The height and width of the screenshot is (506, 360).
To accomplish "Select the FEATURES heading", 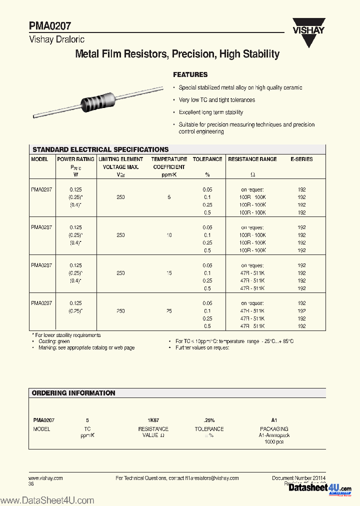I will tap(190, 74).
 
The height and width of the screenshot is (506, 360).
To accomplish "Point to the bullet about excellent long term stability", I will tap(211, 112).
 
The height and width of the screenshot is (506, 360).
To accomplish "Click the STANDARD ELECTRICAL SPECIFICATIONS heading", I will tap(100, 149).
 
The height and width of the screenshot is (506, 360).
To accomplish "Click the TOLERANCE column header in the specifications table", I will tap(207, 159).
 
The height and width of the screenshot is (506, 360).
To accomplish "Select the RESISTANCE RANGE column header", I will tap(252, 159).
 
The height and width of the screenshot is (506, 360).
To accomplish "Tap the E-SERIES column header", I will tap(301, 159).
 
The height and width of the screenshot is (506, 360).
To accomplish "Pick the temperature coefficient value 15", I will tap(169, 273).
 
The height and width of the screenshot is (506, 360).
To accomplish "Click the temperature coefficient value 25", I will tap(169, 311).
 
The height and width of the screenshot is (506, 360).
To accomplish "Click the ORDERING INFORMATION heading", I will tap(73, 393).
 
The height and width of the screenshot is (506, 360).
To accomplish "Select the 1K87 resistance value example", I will tap(153, 420).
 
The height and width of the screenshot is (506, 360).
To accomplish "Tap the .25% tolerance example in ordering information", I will tap(209, 420).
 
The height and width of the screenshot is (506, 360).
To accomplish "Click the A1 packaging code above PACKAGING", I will tap(274, 420).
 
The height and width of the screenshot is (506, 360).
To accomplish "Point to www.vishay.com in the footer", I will tap(45, 478).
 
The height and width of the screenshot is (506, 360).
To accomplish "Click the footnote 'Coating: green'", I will tap(55, 341).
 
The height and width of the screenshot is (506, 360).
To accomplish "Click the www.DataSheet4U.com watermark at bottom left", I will tap(47, 500).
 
